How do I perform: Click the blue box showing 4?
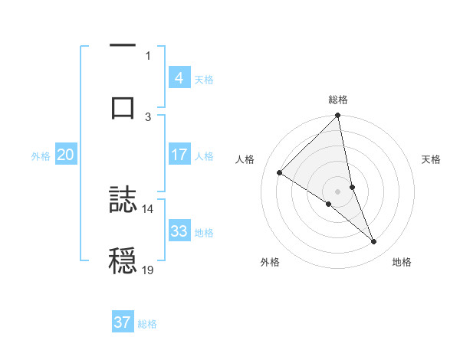coord(179,77)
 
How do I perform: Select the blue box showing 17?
coord(179,154)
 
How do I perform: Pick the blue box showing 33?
coord(179,231)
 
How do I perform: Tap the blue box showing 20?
coord(65,155)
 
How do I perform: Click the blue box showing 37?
coord(122,322)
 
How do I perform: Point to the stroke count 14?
coord(148,208)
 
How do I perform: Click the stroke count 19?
coord(148,270)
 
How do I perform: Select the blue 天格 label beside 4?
coord(204,79)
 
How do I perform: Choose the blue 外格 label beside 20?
coord(41,155)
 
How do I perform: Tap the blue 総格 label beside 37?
coord(147,324)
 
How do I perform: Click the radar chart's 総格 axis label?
coord(338,100)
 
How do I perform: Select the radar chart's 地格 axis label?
coord(402,262)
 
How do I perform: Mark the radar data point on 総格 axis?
coord(338,116)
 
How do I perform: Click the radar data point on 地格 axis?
coord(374,242)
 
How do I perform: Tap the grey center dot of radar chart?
coord(338,191)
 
